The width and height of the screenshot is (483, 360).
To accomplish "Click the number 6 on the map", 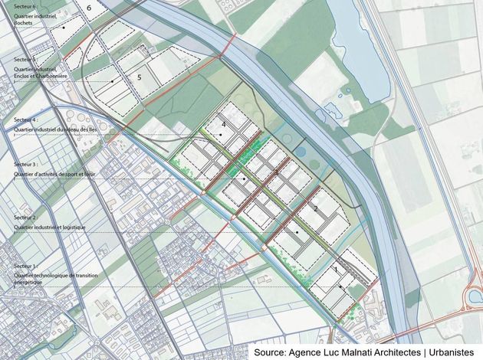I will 90,8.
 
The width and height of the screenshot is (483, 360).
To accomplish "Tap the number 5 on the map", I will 140,77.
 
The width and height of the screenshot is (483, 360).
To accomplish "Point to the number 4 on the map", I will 223,124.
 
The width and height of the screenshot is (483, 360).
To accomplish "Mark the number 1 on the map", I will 337,270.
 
